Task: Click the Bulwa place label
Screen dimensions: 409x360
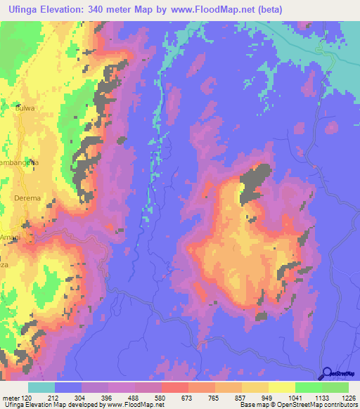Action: coord(25,108)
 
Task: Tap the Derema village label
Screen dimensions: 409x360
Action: coord(27,199)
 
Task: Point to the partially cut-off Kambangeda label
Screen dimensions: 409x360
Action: coord(18,162)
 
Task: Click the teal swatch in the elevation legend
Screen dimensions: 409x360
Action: coord(41,387)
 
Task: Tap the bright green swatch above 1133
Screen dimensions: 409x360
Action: coord(308,387)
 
